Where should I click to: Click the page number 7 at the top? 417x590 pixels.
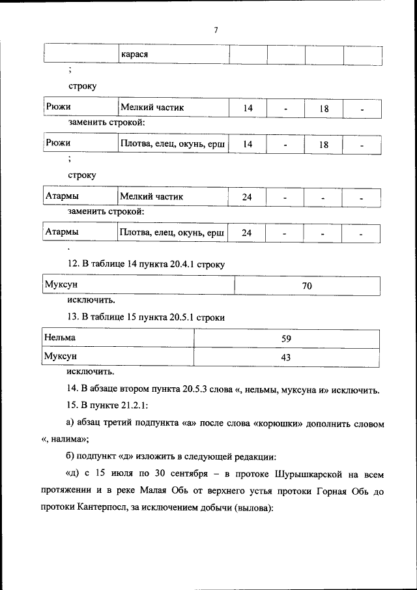[216, 30]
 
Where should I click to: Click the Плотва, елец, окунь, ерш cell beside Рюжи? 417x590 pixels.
[173, 143]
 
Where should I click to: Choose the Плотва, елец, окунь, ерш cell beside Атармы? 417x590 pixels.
[173, 232]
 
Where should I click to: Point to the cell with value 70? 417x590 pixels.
[307, 286]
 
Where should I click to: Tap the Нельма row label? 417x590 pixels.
[60, 338]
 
